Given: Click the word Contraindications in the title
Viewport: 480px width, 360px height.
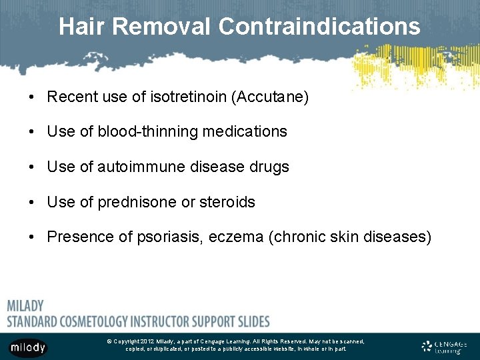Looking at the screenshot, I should pyautogui.click(x=319, y=27).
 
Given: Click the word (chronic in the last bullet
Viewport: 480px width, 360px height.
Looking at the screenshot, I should pyautogui.click(x=294, y=237).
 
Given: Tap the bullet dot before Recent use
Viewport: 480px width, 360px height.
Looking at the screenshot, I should pyautogui.click(x=33, y=98).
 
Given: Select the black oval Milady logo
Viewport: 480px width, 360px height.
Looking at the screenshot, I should pyautogui.click(x=28, y=347).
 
